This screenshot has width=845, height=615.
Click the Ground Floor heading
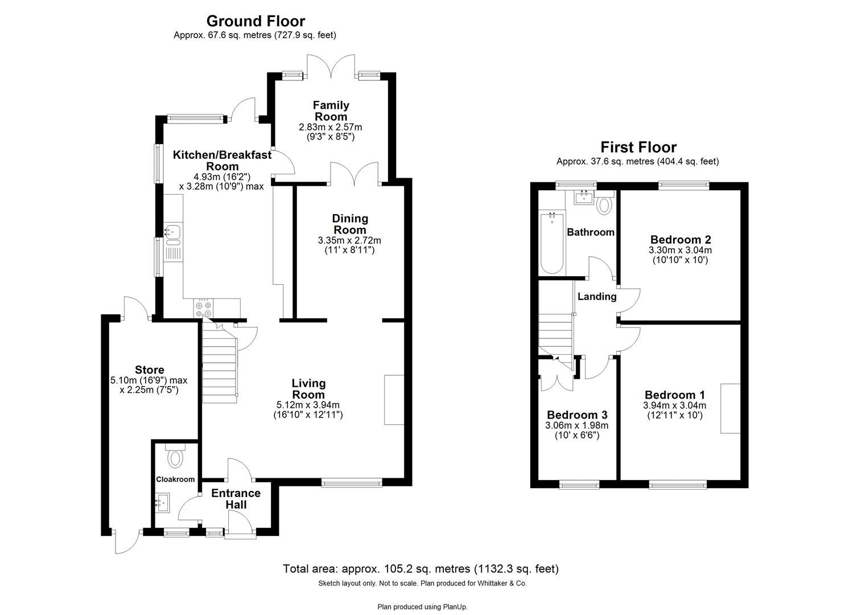click(x=255, y=21)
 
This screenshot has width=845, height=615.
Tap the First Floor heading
click(x=637, y=147)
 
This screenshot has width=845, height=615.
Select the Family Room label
click(x=331, y=110)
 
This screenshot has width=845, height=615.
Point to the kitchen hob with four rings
click(x=204, y=309)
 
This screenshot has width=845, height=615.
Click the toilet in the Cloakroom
click(x=175, y=456)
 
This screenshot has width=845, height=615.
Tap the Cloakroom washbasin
click(x=161, y=502)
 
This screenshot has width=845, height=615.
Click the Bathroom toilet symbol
click(x=604, y=204)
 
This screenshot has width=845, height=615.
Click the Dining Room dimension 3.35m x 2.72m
click(x=349, y=240)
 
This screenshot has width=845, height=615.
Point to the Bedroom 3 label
click(x=577, y=415)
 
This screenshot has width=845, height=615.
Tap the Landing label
click(x=596, y=297)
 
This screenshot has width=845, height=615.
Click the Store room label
click(x=150, y=370)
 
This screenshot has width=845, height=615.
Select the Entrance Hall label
click(x=236, y=498)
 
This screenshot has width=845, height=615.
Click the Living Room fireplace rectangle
click(x=394, y=399)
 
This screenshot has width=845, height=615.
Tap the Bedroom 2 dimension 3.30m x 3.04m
click(x=680, y=250)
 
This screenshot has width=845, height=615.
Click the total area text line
click(x=421, y=568)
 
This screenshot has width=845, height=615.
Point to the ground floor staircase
click(x=219, y=364)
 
